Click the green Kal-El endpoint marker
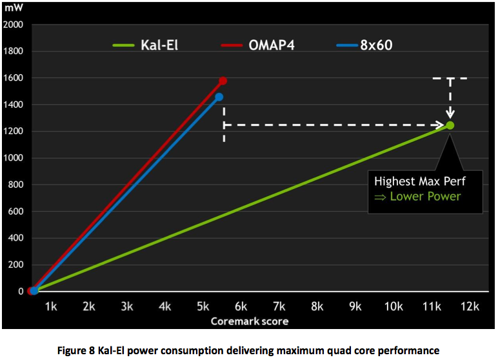(x=450, y=125)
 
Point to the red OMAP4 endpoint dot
(x=223, y=81)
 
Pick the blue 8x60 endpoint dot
(x=219, y=97)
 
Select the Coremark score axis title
(x=249, y=321)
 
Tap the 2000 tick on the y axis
(x=14, y=25)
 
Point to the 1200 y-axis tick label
(x=14, y=131)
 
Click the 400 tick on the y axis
(x=15, y=238)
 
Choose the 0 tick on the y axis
(x=21, y=292)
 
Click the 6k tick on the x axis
(x=241, y=306)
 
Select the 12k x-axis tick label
(x=469, y=306)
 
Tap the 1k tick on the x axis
(x=51, y=306)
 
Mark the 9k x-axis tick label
(x=355, y=306)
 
